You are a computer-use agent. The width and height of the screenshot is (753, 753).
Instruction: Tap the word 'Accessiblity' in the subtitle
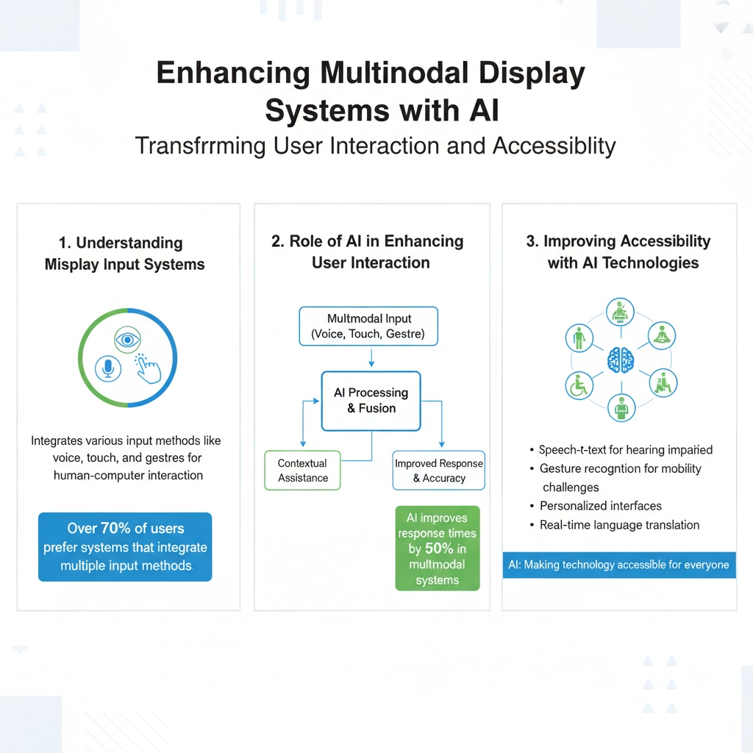[x=554, y=145]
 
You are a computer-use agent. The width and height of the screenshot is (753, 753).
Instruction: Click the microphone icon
[x=108, y=367]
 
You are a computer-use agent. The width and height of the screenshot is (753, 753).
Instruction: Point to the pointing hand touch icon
[x=149, y=365]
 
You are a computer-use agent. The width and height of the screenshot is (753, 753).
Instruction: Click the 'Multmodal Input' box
[x=368, y=326]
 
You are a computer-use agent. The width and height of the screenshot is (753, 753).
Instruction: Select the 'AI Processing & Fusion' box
[x=371, y=401]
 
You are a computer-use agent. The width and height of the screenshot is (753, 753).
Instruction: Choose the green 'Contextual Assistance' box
[x=302, y=470]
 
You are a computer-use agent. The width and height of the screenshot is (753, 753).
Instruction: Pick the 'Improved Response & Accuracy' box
[x=438, y=471]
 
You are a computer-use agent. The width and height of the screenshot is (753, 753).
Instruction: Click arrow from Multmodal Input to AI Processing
[x=371, y=358]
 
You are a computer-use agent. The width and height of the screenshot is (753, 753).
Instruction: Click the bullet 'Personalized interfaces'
[x=600, y=506]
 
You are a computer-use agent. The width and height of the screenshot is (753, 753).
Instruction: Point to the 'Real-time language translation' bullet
[x=619, y=525]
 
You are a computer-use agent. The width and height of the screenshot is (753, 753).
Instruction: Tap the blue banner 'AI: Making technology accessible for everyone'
[x=618, y=565]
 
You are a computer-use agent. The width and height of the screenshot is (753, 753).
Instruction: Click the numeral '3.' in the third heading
[x=532, y=242]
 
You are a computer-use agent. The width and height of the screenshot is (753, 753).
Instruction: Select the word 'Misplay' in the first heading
[x=71, y=265]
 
